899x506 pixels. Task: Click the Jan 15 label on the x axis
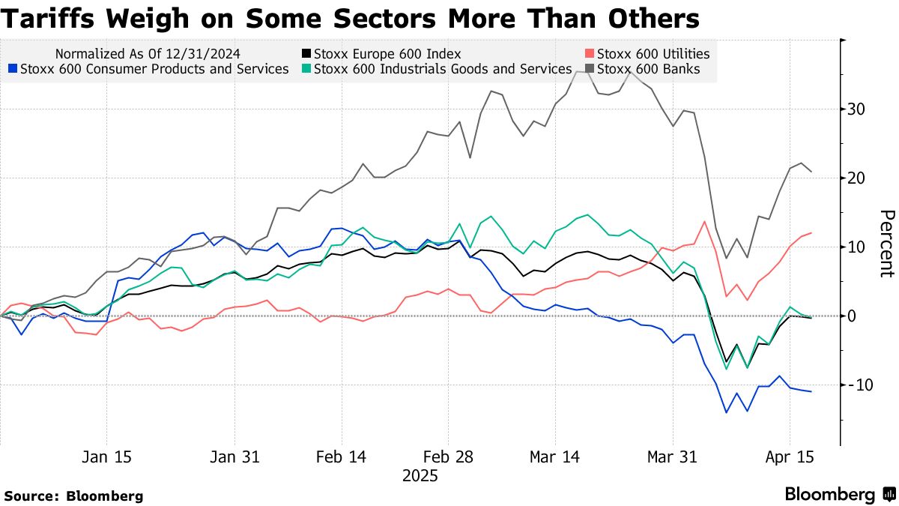click(x=106, y=457)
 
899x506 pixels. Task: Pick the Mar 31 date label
click(x=673, y=457)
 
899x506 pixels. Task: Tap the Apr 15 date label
click(x=789, y=457)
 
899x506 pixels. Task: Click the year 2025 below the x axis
click(x=420, y=475)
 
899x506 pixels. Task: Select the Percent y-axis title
click(x=886, y=244)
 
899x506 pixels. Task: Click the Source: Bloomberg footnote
click(x=73, y=496)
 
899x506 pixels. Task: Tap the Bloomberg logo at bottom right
click(x=839, y=494)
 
